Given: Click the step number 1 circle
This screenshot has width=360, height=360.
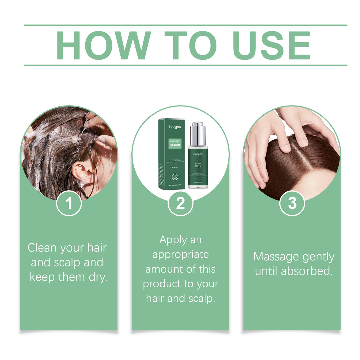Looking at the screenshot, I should tap(69, 203).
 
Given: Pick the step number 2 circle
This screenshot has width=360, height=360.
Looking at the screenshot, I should tap(180, 203).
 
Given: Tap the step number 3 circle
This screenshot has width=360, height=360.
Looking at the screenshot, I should tap(292, 203).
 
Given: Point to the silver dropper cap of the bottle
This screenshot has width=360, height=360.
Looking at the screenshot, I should tap(198, 133).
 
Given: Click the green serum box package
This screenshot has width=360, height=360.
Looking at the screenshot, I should tap(172, 154).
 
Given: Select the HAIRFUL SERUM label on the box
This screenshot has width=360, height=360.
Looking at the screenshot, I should tap(175, 143).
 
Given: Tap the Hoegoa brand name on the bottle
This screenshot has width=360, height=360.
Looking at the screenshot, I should tap(198, 154).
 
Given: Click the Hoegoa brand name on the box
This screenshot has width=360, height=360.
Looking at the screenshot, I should tap(175, 127).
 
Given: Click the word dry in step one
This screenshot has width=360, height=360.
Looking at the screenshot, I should tap(98, 277).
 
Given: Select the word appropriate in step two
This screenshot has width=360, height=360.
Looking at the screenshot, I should tap(180, 255).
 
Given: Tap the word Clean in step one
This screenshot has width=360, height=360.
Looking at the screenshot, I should tap(42, 248).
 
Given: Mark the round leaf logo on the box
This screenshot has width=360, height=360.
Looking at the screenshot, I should tap(175, 177).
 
